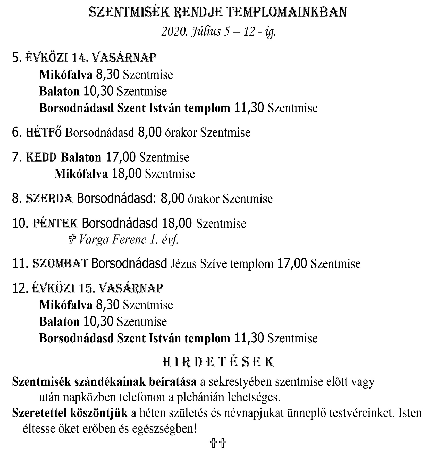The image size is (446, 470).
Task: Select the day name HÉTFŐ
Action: [44, 133]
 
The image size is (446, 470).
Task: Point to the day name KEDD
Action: [41, 157]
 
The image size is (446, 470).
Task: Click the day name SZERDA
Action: [49, 199]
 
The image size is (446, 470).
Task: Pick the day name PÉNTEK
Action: [55, 223]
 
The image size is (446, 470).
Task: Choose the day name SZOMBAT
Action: [60, 263]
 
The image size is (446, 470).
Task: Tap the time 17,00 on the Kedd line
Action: [121, 157]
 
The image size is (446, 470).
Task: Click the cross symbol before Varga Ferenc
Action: [72, 240]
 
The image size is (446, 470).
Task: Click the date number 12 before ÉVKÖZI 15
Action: [20, 288]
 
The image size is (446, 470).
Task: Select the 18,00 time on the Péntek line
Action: [177, 223]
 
